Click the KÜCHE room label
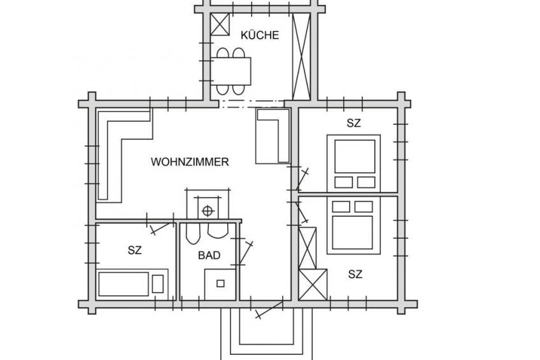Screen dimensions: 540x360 pyautogui.click(x=260, y=35)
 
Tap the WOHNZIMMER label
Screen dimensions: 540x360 pyautogui.click(x=190, y=162)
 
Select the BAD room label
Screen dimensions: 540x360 pyautogui.click(x=209, y=256)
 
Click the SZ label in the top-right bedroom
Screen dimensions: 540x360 pyautogui.click(x=353, y=123)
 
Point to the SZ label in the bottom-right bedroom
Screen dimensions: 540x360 pyautogui.click(x=355, y=274)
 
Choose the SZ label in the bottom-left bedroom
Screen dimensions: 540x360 pyautogui.click(x=134, y=250)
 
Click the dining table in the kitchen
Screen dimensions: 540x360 pyautogui.click(x=231, y=71)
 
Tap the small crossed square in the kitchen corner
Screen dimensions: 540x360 pyautogui.click(x=220, y=24)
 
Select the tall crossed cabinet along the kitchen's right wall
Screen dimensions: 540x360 pyautogui.click(x=301, y=57)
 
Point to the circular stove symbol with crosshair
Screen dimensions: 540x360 pyautogui.click(x=208, y=210)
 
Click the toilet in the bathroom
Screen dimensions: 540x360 pyautogui.click(x=193, y=233)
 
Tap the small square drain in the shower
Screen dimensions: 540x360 pyautogui.click(x=220, y=284)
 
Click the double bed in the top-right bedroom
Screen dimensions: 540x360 pyautogui.click(x=353, y=163)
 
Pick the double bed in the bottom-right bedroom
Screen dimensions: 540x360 pyautogui.click(x=353, y=226)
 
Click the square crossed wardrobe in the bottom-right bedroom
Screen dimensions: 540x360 pyautogui.click(x=313, y=285)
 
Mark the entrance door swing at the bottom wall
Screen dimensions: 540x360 pyautogui.click(x=269, y=310)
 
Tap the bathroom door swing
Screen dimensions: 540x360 pyautogui.click(x=246, y=253)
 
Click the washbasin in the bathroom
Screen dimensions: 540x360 pyautogui.click(x=218, y=231)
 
